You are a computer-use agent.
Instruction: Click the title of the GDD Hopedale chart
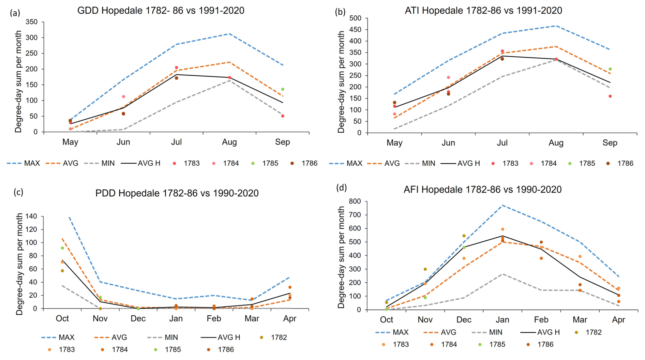161,11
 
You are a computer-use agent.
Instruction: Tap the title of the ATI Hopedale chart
483,11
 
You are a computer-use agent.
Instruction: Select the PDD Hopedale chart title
177,193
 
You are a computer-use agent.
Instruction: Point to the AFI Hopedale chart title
482,190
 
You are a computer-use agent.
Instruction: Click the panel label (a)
15,13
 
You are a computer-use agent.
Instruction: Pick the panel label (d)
341,187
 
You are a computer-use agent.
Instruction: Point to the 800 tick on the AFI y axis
355,201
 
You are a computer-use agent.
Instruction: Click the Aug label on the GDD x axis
229,142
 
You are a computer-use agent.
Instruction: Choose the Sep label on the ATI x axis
610,143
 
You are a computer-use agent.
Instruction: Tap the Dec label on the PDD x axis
138,319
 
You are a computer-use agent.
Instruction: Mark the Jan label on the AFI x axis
502,320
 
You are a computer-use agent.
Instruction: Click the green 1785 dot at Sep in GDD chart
283,89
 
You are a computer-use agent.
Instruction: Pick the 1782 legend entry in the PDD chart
274,337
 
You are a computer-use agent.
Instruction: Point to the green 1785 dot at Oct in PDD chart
62,248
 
